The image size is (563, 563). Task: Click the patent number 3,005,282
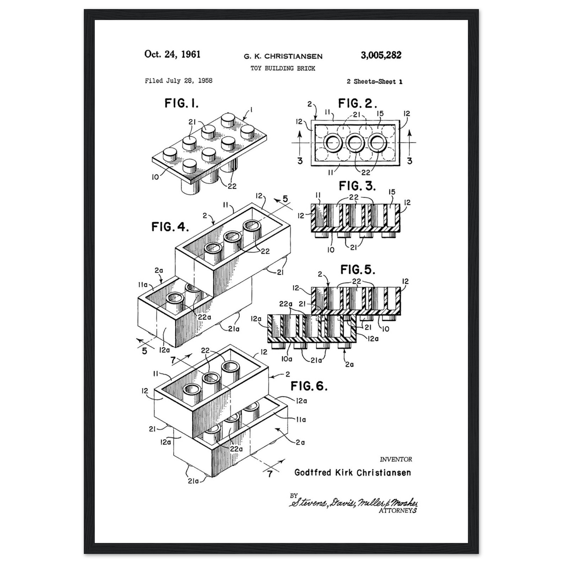pos(381,55)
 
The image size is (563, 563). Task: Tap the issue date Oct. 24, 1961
pos(172,54)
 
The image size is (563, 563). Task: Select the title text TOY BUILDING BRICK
pos(283,68)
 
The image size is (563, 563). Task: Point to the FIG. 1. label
pos(181,103)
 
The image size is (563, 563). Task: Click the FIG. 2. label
pos(357,103)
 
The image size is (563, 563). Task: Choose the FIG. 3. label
pos(357,186)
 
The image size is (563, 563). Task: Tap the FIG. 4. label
pos(170,227)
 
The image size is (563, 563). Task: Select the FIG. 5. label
pos(358,270)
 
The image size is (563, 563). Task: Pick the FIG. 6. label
pos(309,386)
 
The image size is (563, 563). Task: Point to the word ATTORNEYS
pos(398,510)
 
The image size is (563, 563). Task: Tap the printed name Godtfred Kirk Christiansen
pos(353,472)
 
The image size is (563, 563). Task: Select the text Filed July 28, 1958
pos(179,81)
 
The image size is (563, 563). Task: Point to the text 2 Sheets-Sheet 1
pos(374,82)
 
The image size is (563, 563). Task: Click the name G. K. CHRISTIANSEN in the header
pos(283,56)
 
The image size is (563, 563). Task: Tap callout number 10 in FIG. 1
pos(155,177)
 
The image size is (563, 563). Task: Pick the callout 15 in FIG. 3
pos(392,192)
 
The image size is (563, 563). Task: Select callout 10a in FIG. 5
pos(286,359)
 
